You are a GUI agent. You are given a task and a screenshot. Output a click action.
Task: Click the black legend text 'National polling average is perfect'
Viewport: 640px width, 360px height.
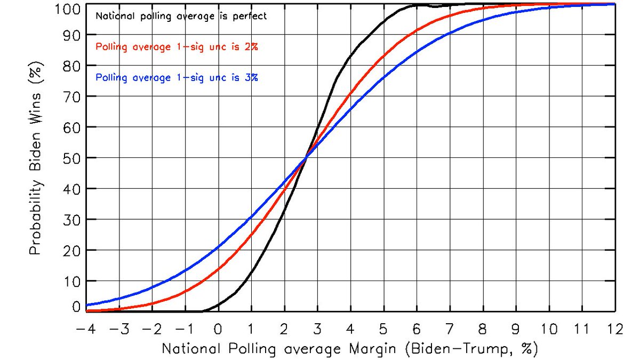pos(181,16)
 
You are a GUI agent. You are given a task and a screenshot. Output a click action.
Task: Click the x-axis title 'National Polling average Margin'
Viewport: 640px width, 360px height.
pos(350,349)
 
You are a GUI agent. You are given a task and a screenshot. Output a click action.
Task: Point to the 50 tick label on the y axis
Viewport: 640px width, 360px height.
pos(70,158)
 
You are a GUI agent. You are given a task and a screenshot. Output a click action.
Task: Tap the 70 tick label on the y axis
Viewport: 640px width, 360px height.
pos(70,97)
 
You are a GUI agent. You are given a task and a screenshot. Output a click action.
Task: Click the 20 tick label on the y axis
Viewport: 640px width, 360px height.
pos(70,250)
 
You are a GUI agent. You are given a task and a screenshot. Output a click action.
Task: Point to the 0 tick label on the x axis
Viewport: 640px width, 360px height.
pos(218,329)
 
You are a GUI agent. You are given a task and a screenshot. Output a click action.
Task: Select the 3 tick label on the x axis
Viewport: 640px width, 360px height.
pos(317,329)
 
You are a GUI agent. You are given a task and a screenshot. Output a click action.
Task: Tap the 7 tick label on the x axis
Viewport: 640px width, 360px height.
pos(450,329)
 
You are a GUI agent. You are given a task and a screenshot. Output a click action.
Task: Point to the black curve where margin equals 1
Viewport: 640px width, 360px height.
pos(251,274)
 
